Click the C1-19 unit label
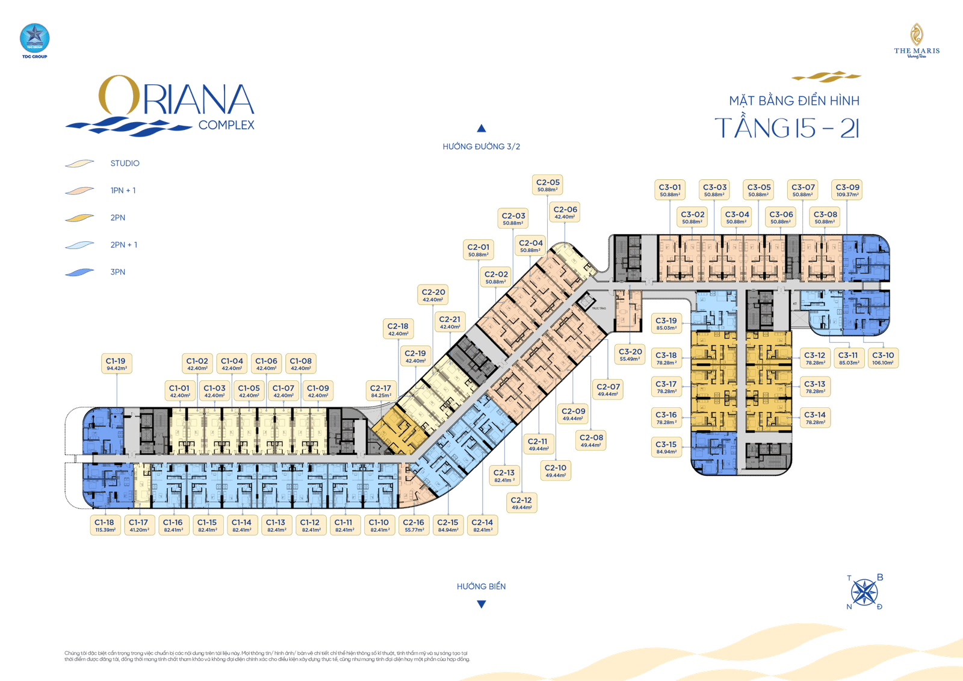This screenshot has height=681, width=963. pos(116,365)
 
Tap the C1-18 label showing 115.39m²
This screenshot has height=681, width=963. pos(105,526)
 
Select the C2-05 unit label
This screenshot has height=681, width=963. pos(548,185)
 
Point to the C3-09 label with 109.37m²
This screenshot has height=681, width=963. pos(847,190)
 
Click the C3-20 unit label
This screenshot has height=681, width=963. pos(630,355)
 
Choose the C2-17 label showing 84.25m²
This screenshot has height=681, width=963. pos(380,392)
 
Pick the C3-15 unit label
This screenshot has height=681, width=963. pos(666,448)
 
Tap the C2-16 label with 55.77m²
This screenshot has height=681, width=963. pos(414,526)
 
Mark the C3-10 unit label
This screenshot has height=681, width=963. pos(883,359)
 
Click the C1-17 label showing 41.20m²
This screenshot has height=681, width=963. pos(138,526)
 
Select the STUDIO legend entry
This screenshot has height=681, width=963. pos(125,164)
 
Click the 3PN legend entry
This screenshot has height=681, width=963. pos(118,272)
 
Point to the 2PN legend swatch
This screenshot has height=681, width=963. pos(80,218)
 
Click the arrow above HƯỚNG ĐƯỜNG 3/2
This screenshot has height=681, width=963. pos(481,128)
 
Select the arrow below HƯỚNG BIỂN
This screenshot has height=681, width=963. pos(481,604)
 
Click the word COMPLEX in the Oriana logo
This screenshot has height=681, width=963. pos(226,125)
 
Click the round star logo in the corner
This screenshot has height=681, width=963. pos(34,37)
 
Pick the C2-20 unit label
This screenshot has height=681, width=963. pos(433,295)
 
